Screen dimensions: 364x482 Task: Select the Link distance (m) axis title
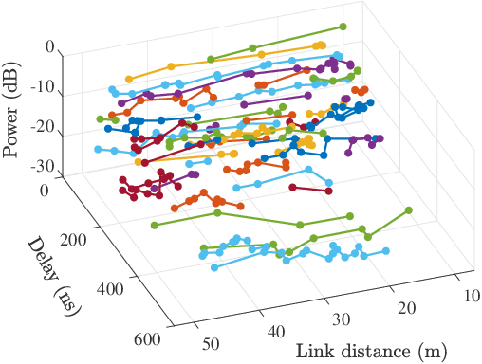365,352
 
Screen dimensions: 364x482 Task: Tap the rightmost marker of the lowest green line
409,209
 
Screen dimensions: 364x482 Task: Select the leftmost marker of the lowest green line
153,226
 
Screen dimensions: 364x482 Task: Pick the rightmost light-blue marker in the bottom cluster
387,251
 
